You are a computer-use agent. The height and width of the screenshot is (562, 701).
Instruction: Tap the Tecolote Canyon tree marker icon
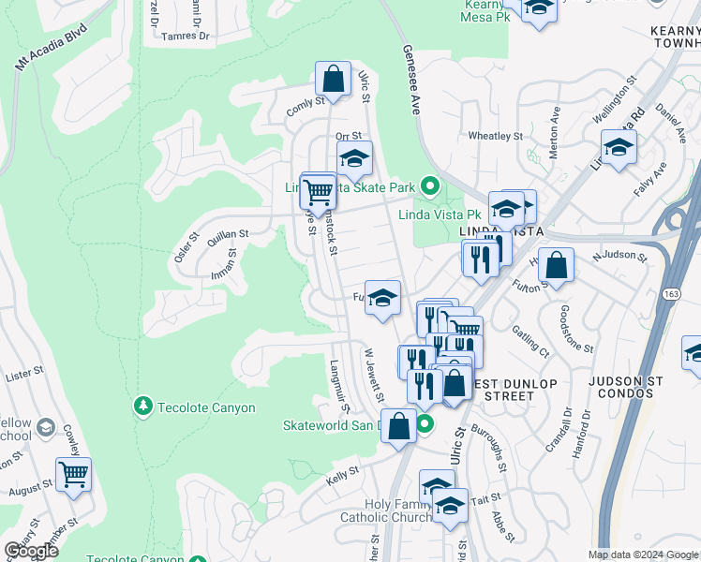click(143, 407)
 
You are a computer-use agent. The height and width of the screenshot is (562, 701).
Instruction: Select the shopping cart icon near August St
click(73, 473)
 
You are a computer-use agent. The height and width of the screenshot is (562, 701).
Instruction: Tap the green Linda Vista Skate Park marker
click(430, 187)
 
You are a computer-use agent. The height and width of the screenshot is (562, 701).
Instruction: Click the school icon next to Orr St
click(354, 159)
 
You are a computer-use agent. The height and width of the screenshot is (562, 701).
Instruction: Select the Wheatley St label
click(494, 136)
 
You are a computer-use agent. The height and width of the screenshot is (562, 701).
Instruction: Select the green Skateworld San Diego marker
click(425, 424)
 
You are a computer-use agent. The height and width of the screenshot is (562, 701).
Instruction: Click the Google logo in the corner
click(32, 550)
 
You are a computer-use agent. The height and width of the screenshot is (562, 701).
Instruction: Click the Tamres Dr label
click(183, 36)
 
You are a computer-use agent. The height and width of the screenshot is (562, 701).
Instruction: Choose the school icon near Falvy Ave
click(618, 147)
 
